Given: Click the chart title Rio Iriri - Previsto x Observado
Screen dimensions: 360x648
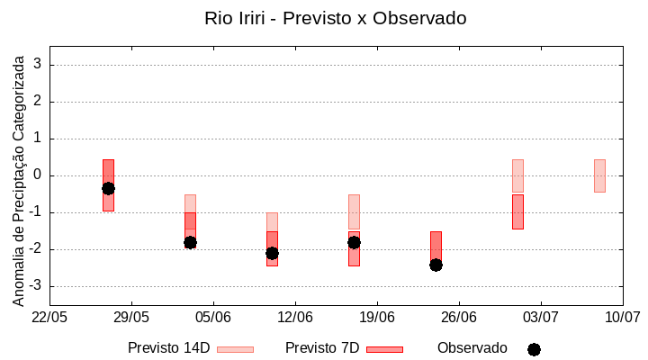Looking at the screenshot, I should (x=335, y=18).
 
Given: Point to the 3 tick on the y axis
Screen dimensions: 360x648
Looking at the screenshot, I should (x=38, y=65).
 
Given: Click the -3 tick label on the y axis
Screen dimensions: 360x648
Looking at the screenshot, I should (x=35, y=286).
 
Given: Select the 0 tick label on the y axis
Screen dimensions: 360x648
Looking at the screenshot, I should (x=38, y=175).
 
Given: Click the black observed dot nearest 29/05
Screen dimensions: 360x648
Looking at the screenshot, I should (x=108, y=188).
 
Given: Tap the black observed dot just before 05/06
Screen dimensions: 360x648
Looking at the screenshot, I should (x=190, y=242).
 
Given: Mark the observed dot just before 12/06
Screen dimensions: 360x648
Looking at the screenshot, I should (x=272, y=253).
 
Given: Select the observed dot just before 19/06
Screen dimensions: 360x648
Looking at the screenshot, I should (x=354, y=242).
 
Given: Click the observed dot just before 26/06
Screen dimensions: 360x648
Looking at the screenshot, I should (x=436, y=265).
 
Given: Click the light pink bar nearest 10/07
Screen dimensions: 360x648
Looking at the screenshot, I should (x=599, y=175).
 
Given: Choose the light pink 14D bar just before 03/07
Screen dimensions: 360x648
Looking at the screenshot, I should (x=517, y=176).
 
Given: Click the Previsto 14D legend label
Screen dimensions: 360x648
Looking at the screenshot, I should (x=169, y=348).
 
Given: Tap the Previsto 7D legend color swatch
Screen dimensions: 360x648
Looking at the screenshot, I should (x=384, y=349).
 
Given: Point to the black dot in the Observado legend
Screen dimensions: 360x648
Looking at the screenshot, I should (x=534, y=349).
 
